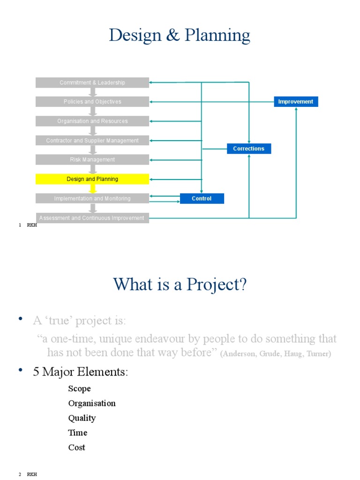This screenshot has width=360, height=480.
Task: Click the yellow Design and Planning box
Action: click(92, 179)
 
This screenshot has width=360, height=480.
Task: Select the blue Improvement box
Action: click(296, 102)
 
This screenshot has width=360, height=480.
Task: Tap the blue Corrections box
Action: click(249, 149)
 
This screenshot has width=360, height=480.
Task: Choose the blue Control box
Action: click(202, 199)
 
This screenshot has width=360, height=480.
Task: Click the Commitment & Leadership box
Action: click(92, 82)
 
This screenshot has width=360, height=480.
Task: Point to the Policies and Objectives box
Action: click(92, 102)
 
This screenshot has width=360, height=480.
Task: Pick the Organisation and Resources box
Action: click(92, 121)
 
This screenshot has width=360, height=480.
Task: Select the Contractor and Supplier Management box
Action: click(92, 141)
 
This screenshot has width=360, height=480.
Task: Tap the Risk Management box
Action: click(92, 160)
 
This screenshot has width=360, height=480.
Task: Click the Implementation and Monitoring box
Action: click(92, 199)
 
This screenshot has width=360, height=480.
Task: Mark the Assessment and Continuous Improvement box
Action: click(92, 218)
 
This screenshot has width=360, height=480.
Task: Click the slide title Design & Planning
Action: click(180, 36)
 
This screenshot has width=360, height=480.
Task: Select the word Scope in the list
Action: click(79, 389)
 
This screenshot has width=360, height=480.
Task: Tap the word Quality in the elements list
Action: click(82, 418)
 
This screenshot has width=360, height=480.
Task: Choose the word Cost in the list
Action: click(76, 448)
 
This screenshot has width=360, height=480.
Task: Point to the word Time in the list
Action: click(77, 433)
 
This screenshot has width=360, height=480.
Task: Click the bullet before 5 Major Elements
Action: click(21, 371)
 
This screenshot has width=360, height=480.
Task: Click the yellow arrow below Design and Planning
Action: click(93, 189)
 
